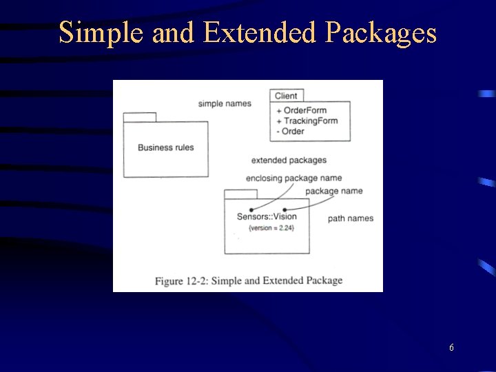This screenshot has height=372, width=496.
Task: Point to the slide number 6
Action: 451,348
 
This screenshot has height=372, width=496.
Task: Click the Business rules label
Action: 165,147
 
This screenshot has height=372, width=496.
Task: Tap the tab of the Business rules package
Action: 140,116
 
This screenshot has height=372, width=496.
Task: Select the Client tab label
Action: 286,96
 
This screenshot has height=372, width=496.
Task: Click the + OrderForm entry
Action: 301,110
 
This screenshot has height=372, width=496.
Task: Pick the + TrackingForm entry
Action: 307,121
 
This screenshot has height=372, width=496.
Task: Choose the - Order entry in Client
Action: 290,131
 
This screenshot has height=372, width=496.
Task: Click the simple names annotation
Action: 225,104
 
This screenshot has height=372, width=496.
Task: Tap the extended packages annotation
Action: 289,161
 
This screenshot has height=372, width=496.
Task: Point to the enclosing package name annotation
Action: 293,178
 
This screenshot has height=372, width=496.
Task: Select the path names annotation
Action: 350,218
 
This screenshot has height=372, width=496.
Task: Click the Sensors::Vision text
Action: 267,216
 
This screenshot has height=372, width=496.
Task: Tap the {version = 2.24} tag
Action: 267,227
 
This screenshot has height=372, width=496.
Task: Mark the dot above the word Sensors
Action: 251,209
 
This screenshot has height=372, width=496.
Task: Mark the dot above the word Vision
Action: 284,209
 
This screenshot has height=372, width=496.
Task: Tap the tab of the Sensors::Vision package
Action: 240,194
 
